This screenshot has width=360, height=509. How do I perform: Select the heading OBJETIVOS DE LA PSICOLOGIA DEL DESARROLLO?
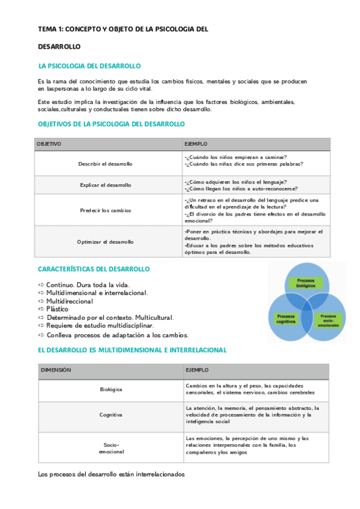click(x=111, y=124)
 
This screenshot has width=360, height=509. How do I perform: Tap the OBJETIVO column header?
click(x=49, y=144)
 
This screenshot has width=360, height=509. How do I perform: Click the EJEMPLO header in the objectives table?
click(x=196, y=144)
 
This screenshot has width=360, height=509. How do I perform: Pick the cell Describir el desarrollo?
click(x=106, y=164)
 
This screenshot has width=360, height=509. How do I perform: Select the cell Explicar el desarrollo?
click(x=106, y=185)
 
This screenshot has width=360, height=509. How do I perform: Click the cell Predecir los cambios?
click(x=106, y=210)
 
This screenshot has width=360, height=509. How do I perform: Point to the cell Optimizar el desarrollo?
click(x=106, y=241)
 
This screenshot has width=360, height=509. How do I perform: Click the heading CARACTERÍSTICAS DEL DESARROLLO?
click(x=94, y=269)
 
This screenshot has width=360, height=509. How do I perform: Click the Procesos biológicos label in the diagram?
click(x=305, y=283)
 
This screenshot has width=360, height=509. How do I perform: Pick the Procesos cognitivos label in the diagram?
click(x=286, y=319)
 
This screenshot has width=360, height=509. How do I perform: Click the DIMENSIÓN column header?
click(x=56, y=370)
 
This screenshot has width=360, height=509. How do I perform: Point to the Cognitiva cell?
click(x=111, y=415)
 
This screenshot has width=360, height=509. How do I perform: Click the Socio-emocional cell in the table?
click(x=111, y=448)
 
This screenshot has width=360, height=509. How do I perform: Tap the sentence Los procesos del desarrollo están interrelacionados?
click(x=112, y=474)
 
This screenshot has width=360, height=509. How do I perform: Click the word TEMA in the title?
click(x=46, y=28)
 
